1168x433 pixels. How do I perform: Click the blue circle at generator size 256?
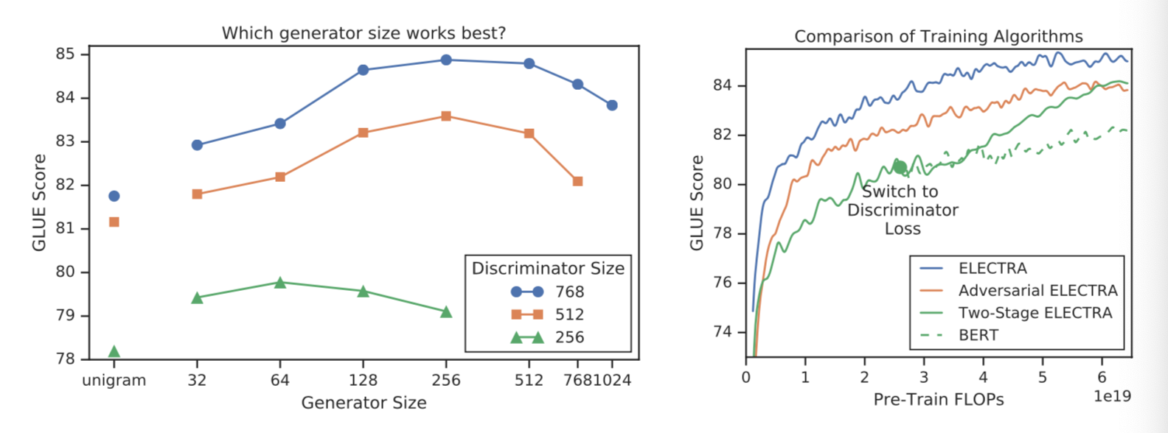[x=446, y=60]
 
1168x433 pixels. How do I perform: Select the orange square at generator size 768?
[x=577, y=181]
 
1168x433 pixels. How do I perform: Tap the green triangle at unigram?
[x=114, y=351]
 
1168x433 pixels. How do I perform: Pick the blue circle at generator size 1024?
[x=612, y=105]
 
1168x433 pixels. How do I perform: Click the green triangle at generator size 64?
[x=280, y=282]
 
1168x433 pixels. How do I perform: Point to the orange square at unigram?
[x=114, y=222]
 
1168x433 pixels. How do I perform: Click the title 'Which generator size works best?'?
[x=364, y=34]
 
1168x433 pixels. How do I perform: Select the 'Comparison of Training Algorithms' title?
[x=938, y=37]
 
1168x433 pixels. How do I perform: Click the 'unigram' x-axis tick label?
[x=114, y=381]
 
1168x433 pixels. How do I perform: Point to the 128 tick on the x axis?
[x=363, y=381]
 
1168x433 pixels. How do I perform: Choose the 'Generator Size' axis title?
[x=364, y=403]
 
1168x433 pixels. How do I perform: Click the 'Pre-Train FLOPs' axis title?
[x=938, y=400]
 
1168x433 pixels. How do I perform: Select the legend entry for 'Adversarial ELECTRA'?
[x=1037, y=291]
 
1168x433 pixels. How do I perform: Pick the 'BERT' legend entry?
[x=978, y=335]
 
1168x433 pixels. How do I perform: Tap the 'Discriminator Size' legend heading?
[x=548, y=269]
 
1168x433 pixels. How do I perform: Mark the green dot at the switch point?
[x=900, y=167]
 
